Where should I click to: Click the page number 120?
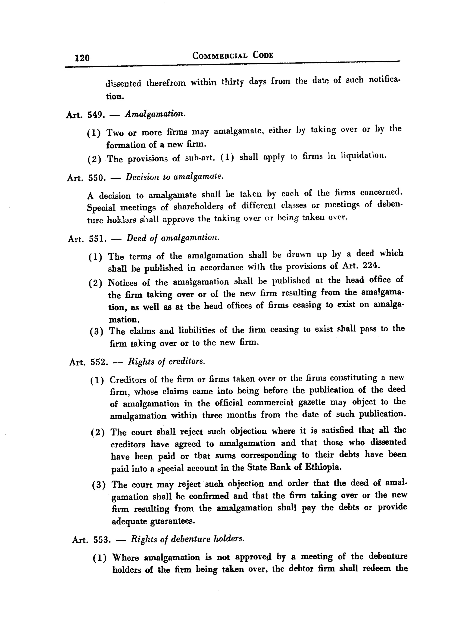[82, 58]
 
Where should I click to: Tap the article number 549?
[96, 115]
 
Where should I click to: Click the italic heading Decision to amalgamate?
[174, 177]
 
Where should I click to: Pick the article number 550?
[97, 178]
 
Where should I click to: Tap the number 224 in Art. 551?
[371, 265]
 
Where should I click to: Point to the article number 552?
[99, 362]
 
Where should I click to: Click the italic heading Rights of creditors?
[166, 361]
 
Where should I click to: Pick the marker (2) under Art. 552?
[98, 433]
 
